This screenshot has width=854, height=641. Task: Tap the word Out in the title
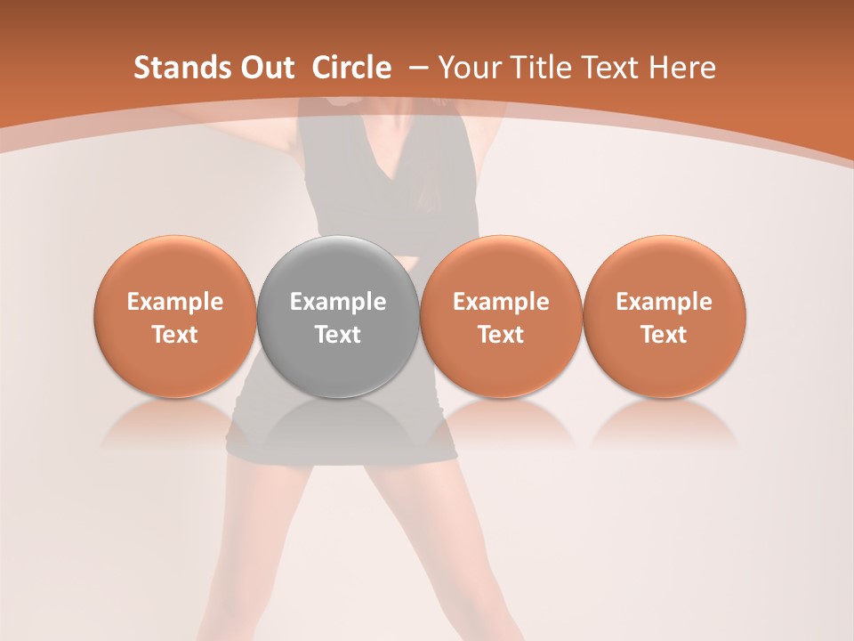coord(265,68)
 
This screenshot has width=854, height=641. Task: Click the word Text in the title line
coord(607,68)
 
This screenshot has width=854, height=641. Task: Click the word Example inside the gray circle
coord(338,302)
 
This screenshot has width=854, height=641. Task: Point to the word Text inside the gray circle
coord(338,335)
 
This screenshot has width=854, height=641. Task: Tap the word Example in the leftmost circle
coord(175,302)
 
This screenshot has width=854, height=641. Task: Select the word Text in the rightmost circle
coord(665,335)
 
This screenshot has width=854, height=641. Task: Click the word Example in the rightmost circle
coord(665,302)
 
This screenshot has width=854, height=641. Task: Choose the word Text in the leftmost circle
coord(175,335)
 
